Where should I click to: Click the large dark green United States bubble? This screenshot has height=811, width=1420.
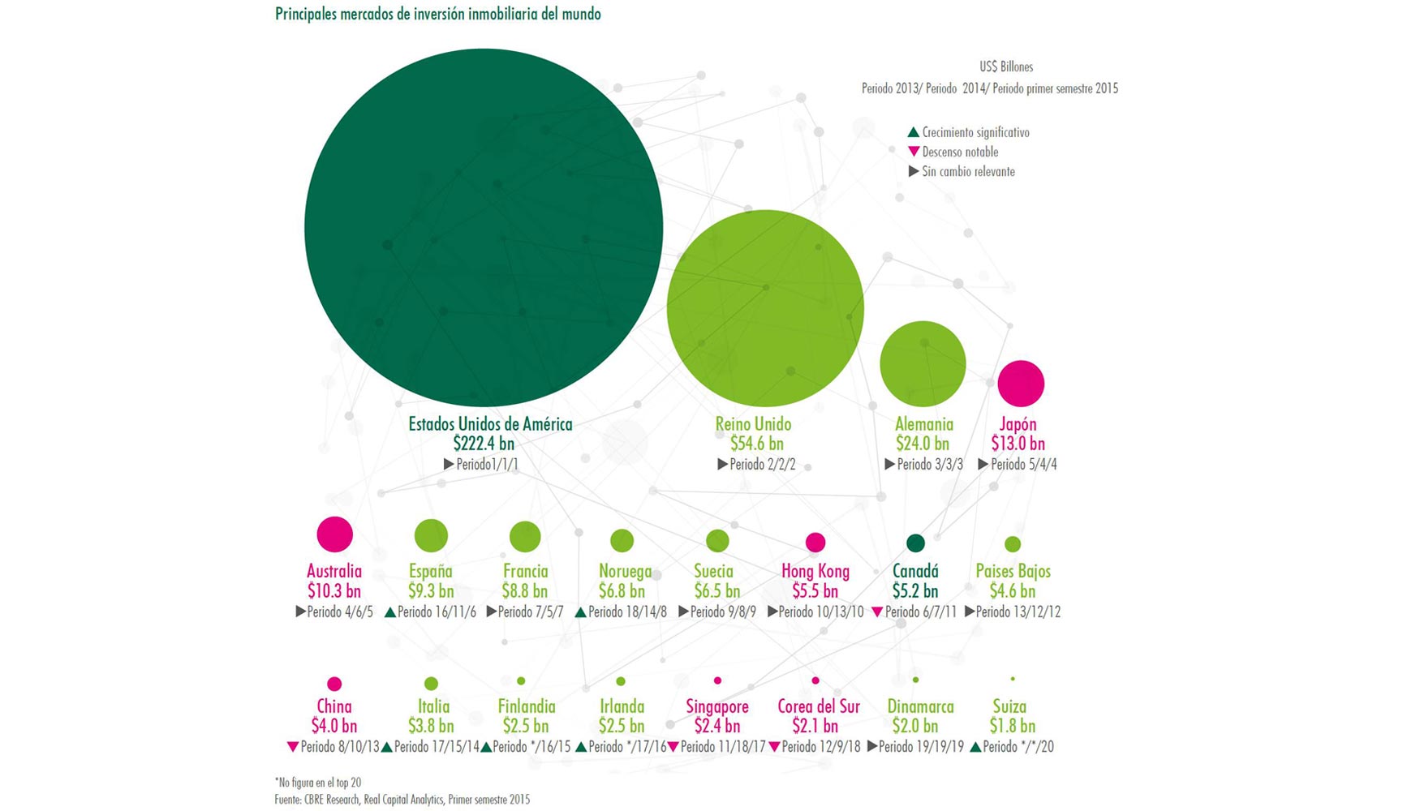click(484, 227)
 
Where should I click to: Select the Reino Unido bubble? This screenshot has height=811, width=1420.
click(765, 308)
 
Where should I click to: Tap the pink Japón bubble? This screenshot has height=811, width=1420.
click(1021, 384)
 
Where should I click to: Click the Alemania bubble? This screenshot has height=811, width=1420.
click(923, 363)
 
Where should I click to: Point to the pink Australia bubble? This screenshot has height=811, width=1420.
click(334, 534)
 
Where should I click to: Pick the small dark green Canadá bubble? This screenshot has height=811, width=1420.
click(915, 543)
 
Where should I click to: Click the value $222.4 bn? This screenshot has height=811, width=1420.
click(484, 444)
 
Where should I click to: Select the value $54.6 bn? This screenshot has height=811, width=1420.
click(756, 444)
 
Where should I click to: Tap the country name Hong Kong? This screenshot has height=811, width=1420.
click(815, 571)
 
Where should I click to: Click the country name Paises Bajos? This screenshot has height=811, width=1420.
click(1013, 571)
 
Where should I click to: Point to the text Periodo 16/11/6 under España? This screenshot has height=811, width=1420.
click(436, 612)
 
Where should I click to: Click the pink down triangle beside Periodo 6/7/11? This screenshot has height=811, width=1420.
click(876, 612)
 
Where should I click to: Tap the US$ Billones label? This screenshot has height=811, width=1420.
click(1006, 67)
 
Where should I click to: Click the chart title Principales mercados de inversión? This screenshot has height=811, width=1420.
click(438, 14)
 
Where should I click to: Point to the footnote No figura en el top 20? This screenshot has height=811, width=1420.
click(318, 783)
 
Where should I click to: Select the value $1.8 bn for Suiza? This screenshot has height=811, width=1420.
click(1012, 726)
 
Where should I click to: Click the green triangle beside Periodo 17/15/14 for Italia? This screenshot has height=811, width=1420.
click(387, 747)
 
